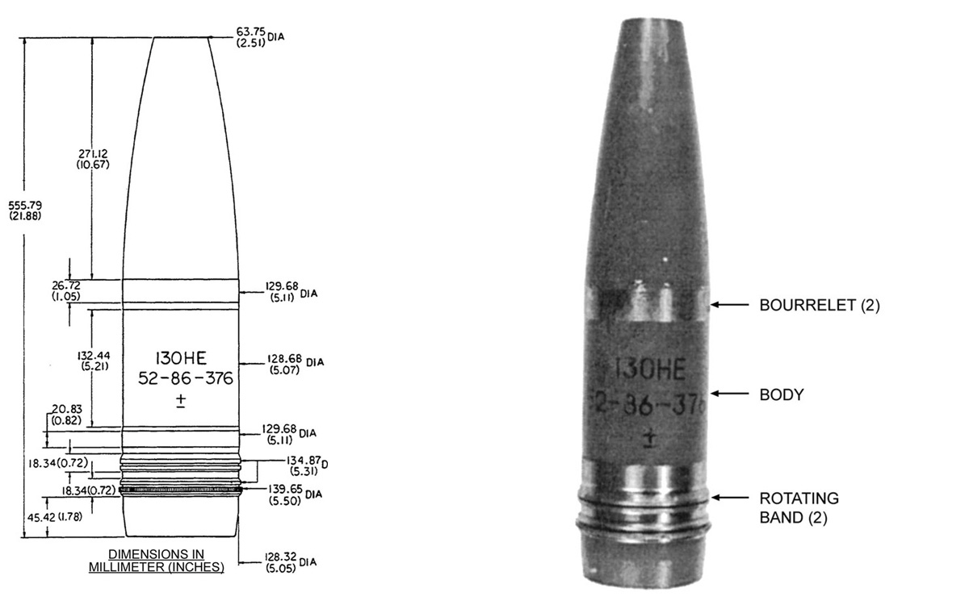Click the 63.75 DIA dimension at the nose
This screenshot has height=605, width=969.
(260, 37)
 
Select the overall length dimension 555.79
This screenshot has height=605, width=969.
(25, 210)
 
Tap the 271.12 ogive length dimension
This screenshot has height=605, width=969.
(93, 159)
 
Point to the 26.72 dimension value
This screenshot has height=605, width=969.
(66, 291)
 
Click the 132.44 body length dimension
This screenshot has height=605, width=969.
(94, 361)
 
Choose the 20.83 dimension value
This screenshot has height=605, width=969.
(66, 415)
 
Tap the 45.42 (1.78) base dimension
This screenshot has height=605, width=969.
(55, 517)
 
